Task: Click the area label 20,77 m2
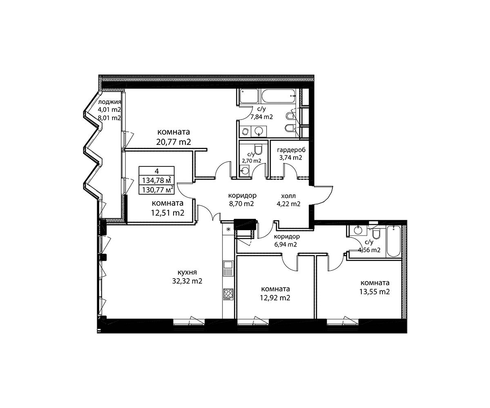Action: click(x=174, y=142)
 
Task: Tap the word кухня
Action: click(x=187, y=273)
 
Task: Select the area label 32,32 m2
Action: click(x=187, y=281)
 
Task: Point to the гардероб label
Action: click(x=291, y=150)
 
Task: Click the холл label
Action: click(x=288, y=196)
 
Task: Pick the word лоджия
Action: click(x=109, y=102)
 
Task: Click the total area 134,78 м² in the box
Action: click(x=156, y=180)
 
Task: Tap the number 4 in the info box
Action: click(x=156, y=171)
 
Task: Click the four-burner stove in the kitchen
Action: click(x=228, y=294)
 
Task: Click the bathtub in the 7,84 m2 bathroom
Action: click(x=278, y=96)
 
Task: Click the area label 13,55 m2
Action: click(x=374, y=291)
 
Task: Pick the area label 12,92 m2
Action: click(x=275, y=297)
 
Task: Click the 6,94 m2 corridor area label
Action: click(x=285, y=244)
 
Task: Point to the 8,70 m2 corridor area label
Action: click(x=241, y=204)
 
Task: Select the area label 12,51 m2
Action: click(x=167, y=213)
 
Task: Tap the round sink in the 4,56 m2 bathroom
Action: click(x=358, y=231)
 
